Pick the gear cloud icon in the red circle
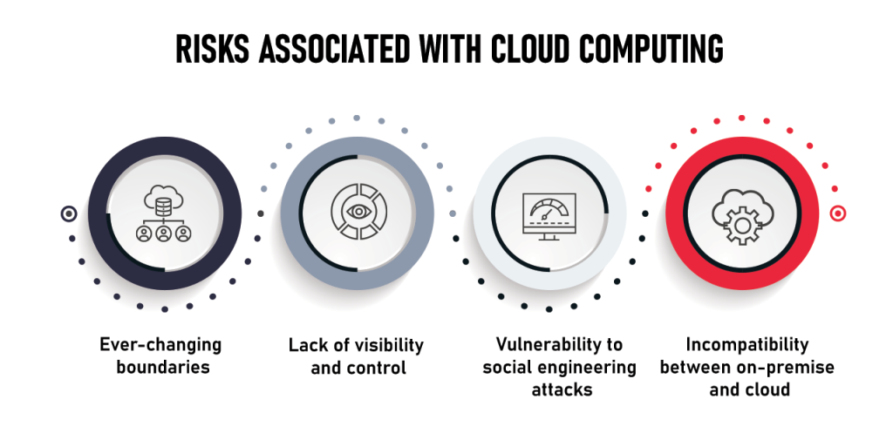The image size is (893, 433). (742, 214)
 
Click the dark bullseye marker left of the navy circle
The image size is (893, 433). (69, 213)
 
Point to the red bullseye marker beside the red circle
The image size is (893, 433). (837, 213)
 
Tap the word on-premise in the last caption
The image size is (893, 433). (791, 367)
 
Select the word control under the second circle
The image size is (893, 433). (377, 368)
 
